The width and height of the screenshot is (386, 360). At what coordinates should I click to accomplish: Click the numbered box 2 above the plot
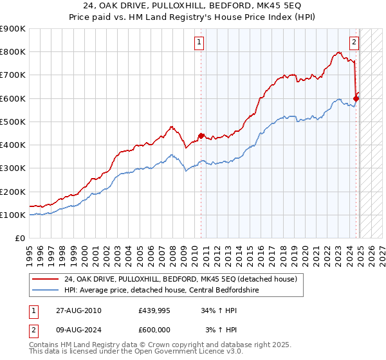(354, 43)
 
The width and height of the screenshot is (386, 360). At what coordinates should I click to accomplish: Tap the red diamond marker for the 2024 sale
(356, 98)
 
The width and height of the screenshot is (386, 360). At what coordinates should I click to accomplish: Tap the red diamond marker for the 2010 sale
(201, 136)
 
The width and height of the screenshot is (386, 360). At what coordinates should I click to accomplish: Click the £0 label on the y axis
(21, 238)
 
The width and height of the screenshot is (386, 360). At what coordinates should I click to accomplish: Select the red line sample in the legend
(46, 280)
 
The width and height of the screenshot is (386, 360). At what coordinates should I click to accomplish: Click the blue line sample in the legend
(46, 290)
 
